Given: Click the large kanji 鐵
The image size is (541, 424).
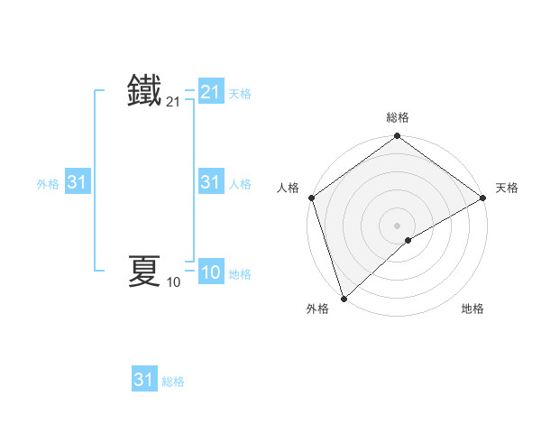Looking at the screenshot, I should pos(144,92).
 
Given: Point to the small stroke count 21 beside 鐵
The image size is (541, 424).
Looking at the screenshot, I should pos(173,104).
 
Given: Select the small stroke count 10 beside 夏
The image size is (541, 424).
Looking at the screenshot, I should pos(173,282).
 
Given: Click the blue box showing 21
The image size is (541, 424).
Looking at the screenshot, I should pos(210,92).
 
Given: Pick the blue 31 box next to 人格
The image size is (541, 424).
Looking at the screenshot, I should pos(210,182).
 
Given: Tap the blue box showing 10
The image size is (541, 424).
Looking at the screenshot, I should pos(210,273).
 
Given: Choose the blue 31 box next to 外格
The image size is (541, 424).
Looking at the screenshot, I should pos(77,182).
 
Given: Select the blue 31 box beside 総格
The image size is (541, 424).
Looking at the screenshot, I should pos(144,380).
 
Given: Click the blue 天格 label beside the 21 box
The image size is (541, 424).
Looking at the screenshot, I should pos(240,93).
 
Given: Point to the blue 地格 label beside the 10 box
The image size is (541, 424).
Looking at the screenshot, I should pos(240,274).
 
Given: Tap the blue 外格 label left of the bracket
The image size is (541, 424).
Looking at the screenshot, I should pos(48,183).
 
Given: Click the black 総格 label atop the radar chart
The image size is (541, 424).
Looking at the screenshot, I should pos(398,117).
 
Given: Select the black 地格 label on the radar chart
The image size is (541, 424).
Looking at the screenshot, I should pos(472,309).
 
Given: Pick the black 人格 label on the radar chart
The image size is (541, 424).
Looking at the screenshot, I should pos(289,188).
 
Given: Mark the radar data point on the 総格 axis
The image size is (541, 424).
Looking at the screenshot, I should pos(398,137).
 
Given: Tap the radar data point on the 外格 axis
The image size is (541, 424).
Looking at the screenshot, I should pos(344,298).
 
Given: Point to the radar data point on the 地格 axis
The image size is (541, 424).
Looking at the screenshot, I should pos(408,240).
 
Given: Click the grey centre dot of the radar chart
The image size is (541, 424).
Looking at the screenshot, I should pos(398,226).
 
